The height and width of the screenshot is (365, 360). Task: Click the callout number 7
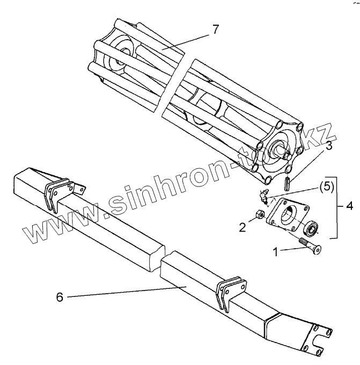click(215, 29)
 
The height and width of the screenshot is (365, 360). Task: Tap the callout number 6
click(60, 297)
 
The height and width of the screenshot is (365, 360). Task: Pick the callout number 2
click(243, 227)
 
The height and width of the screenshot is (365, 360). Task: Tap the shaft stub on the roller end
click(283, 151)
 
